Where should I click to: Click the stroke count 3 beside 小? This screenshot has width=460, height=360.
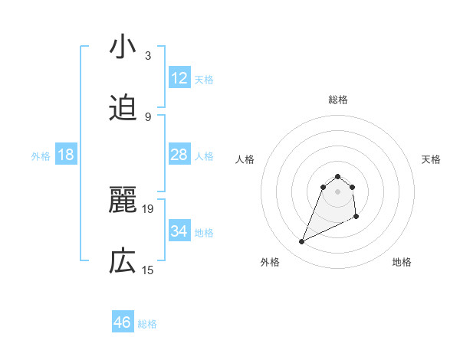(x=147, y=55)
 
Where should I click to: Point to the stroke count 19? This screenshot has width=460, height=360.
(x=148, y=208)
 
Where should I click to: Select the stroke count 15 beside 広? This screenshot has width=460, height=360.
(x=148, y=270)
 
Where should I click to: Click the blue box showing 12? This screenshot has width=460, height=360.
(x=179, y=78)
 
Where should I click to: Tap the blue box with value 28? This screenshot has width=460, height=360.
(x=179, y=155)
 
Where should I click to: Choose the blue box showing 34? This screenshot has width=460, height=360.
(x=179, y=231)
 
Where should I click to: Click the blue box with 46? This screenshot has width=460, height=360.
(x=123, y=322)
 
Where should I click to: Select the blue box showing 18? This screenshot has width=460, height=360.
(x=66, y=155)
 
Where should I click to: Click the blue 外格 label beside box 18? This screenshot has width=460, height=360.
(x=41, y=156)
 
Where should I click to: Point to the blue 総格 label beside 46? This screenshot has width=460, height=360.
(x=147, y=324)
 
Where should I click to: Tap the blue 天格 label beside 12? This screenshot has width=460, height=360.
(x=204, y=80)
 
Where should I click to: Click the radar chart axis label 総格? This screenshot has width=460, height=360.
(x=337, y=100)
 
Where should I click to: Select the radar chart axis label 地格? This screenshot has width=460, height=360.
(x=402, y=262)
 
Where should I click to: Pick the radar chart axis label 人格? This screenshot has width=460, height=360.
(x=245, y=159)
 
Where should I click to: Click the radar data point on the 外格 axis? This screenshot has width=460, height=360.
(x=302, y=242)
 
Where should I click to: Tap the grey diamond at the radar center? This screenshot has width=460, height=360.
(x=337, y=191)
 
